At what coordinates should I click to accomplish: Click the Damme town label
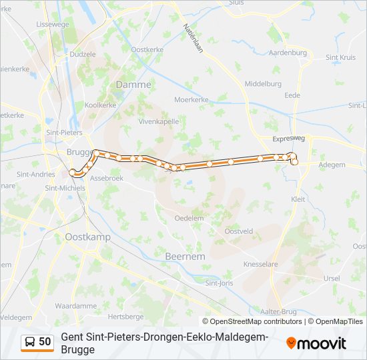point(133,85)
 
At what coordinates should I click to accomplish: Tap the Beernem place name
point(185,255)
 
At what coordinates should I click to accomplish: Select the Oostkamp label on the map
point(88,237)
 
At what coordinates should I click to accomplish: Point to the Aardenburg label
point(288,53)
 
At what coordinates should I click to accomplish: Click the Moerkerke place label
point(192,99)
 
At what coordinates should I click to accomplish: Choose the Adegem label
point(332,165)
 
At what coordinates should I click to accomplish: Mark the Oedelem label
point(189,218)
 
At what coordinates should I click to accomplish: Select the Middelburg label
point(264,84)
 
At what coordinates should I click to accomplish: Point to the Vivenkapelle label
point(158,122)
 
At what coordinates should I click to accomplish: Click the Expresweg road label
point(289,139)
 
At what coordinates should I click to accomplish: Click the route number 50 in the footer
point(45,342)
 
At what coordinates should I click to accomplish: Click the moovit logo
point(316,343)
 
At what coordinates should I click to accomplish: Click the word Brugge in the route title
point(77,349)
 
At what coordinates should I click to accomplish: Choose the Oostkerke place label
point(147,50)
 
